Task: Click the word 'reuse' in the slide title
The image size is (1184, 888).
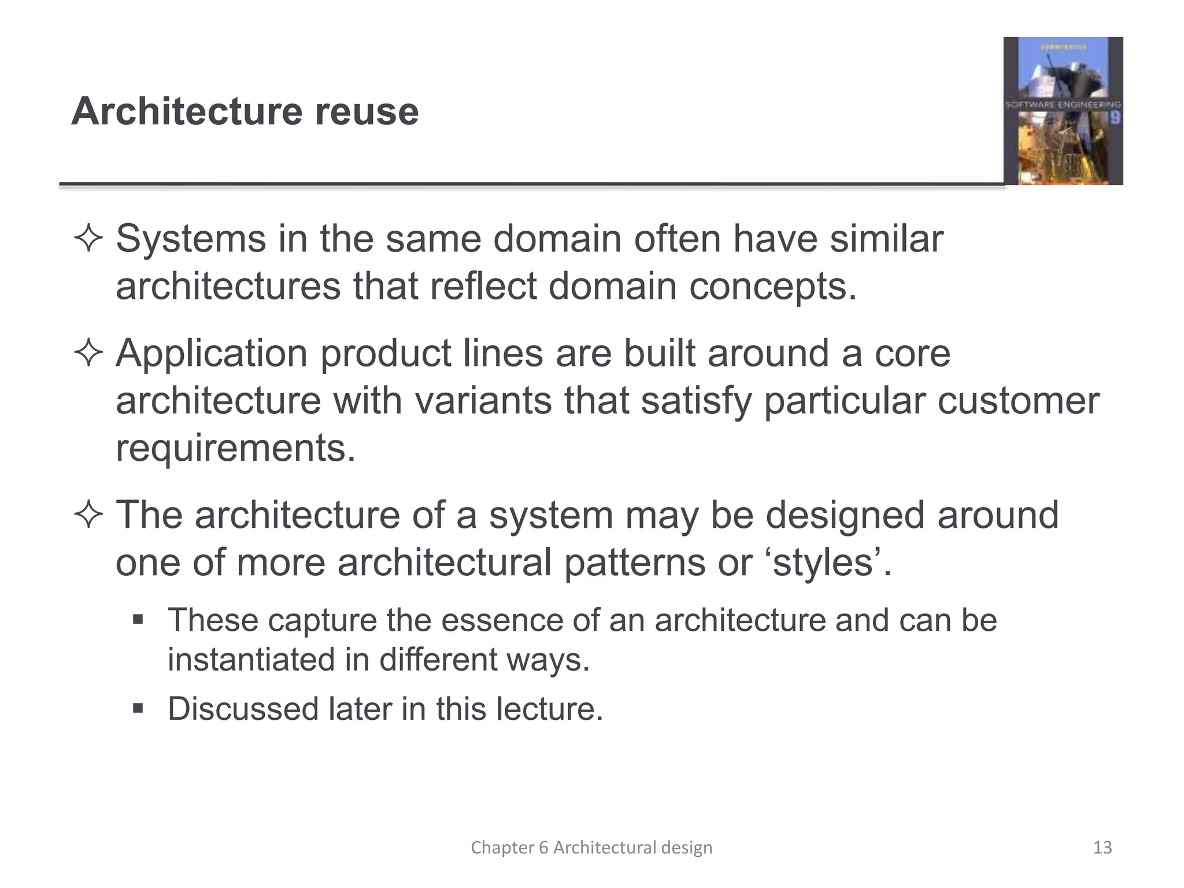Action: coord(367,112)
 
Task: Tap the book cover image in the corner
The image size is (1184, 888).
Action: coord(1063,111)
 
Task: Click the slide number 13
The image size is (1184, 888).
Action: coord(1102,848)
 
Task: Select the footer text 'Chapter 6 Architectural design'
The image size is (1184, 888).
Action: coord(591,848)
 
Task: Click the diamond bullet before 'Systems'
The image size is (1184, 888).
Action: coord(88,239)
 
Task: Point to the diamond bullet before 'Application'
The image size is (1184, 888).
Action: coord(88,353)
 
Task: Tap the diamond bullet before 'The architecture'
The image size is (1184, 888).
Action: coord(88,515)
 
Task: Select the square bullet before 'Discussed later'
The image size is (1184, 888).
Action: coord(138,709)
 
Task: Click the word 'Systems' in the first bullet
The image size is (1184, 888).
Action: coord(191,239)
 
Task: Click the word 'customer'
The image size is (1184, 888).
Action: coord(1018,401)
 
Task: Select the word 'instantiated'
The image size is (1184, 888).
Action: coord(251,660)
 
